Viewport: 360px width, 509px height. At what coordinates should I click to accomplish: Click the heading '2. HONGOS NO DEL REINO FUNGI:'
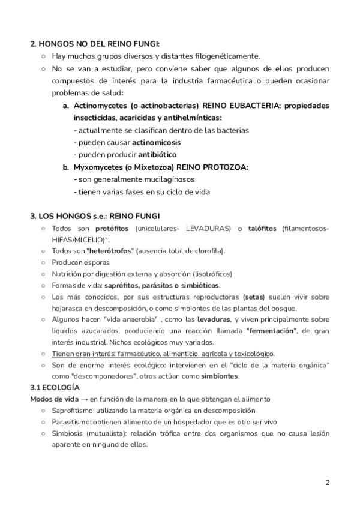[x=95, y=44]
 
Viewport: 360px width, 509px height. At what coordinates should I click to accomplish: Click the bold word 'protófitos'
[x=113, y=229]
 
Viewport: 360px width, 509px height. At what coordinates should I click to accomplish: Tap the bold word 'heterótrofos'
[x=110, y=251]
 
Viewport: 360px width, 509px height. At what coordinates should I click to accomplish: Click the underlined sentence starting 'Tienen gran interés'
[x=163, y=354]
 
